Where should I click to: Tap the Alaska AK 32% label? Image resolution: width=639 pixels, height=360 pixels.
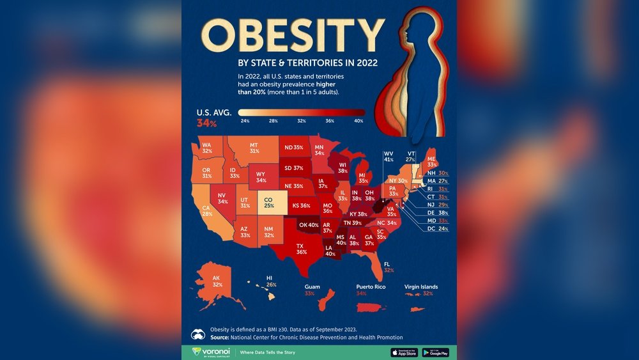tap(218, 281)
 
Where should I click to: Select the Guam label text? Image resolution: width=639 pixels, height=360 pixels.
tap(313, 291)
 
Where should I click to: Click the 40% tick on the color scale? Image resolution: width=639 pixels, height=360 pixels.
tap(358, 120)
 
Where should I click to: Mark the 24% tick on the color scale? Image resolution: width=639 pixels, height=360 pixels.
tap(245, 120)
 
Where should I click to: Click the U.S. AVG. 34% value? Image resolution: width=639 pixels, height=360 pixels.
tap(207, 123)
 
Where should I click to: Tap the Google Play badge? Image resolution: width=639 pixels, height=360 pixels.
tap(436, 352)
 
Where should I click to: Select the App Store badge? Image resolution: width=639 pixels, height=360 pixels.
tap(404, 352)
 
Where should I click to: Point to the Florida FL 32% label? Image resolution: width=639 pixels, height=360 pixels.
tap(389, 267)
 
